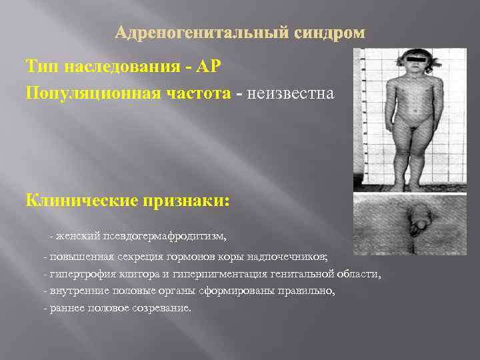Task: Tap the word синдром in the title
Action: [331, 33]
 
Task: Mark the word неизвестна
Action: [291, 93]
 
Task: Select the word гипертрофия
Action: [77, 274]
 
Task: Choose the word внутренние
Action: [73, 291]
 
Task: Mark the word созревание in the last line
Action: [163, 309]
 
